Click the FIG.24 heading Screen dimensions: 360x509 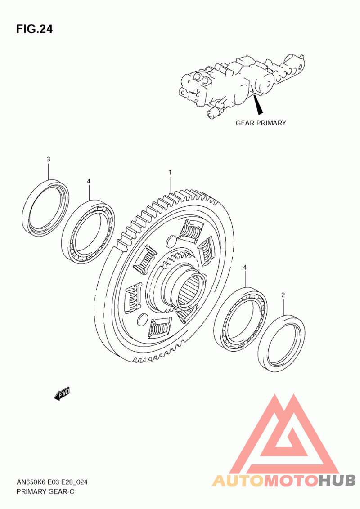coord(34,29)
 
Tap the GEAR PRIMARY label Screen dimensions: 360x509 coord(261,123)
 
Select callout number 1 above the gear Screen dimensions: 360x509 coord(170,172)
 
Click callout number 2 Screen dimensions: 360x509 coord(283,295)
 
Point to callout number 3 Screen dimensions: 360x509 coord(49,159)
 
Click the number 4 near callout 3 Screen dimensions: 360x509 coord(88,181)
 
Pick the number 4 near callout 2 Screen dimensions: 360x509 coord(245,267)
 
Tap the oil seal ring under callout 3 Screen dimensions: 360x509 coord(26,208)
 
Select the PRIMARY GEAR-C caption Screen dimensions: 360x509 coord(45,491)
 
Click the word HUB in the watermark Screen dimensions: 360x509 coord(337,480)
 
